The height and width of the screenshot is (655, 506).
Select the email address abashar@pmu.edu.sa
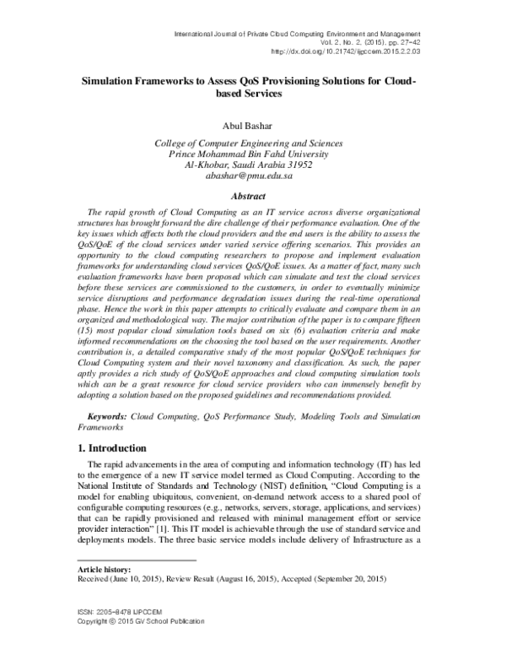(254, 177)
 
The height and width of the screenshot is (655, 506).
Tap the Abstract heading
(253, 195)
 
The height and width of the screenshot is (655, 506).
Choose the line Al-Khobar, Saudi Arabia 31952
(254, 166)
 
